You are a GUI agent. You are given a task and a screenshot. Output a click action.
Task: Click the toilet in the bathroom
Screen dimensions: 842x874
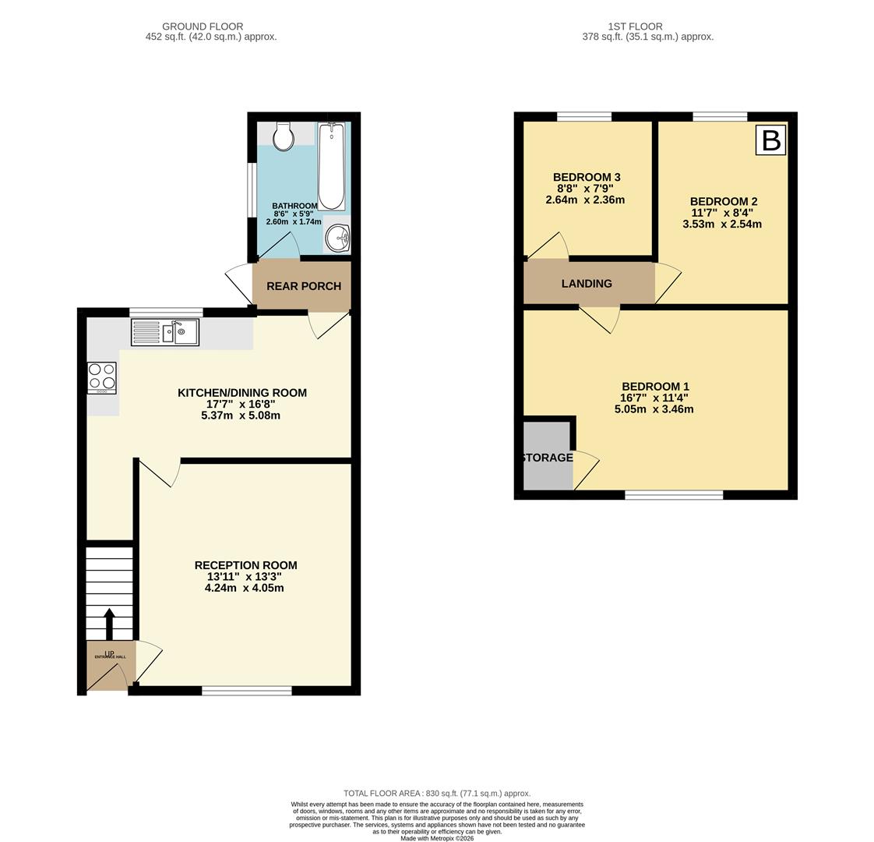[x=284, y=136]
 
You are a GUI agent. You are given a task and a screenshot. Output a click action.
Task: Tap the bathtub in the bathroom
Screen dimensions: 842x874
[x=331, y=166]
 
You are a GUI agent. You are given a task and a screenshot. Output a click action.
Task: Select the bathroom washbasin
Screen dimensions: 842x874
[x=338, y=238]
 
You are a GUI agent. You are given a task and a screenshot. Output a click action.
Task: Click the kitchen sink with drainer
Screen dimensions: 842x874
[x=165, y=333]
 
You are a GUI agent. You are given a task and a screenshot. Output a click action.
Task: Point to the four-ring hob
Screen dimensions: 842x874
[x=102, y=378]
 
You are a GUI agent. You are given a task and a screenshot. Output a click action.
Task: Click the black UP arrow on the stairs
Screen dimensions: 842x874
[x=109, y=624]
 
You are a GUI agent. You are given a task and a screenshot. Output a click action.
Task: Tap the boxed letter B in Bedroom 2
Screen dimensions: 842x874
[x=770, y=140]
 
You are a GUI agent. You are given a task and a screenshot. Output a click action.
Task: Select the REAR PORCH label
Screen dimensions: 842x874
[x=304, y=286]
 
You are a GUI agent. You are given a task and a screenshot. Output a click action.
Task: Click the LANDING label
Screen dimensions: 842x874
[x=587, y=284]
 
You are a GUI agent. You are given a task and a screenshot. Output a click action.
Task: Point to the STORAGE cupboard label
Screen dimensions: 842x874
[x=547, y=458]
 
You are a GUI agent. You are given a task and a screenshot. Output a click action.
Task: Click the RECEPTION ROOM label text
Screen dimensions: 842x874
[x=245, y=565]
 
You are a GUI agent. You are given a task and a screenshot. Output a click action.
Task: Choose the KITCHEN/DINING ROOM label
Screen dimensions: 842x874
[x=241, y=393]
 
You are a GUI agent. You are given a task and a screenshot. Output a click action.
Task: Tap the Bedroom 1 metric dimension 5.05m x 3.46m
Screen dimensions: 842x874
[x=654, y=409]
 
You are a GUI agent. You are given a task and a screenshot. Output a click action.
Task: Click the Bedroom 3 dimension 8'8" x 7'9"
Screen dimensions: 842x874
[x=585, y=189]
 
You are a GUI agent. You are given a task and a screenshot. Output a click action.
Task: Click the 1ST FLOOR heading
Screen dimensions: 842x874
[x=647, y=27]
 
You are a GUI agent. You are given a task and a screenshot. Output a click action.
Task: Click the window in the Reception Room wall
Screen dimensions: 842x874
[x=247, y=691]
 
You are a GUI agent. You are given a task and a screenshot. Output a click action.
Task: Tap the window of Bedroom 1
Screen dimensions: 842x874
[x=674, y=494]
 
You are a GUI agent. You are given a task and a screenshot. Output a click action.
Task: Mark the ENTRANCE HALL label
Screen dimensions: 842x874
[x=110, y=657]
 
